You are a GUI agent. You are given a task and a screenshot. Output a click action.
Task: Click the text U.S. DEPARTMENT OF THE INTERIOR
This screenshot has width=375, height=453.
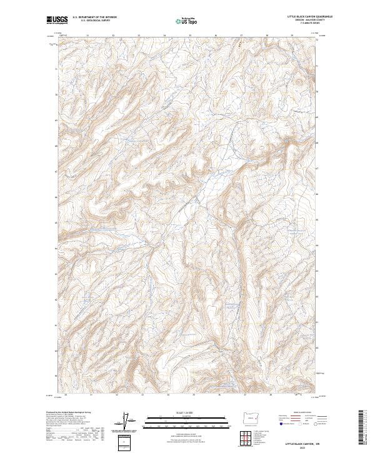point(94,17)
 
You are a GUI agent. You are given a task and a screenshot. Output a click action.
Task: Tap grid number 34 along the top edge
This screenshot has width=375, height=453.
point(164,36)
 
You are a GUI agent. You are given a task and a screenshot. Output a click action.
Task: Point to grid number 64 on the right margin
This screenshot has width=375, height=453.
point(317,245)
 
